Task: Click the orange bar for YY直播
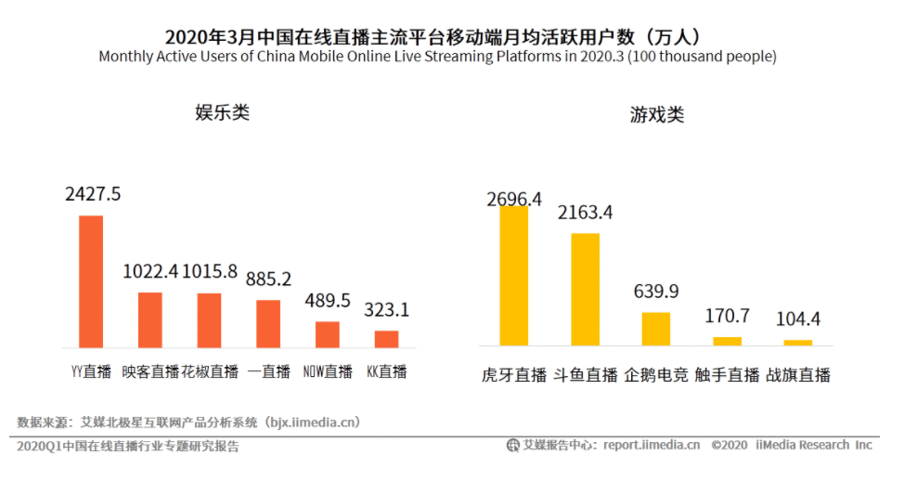pos(91,281)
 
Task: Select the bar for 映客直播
pos(150,320)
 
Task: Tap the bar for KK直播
pos(386,339)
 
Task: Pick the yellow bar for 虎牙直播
pos(514,276)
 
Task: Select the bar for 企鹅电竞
pos(655,329)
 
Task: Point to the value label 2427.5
pos(93,194)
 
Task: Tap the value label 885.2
pos(269,279)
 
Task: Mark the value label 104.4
pos(798,319)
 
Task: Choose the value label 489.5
pos(329,301)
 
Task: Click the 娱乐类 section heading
pos(222,113)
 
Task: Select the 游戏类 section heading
pos(657,115)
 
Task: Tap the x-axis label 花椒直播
pos(210,371)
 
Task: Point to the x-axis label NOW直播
pos(328,371)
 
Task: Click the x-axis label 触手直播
pos(728,375)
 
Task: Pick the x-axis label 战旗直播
pos(797,375)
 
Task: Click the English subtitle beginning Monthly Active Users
pos(437,57)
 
